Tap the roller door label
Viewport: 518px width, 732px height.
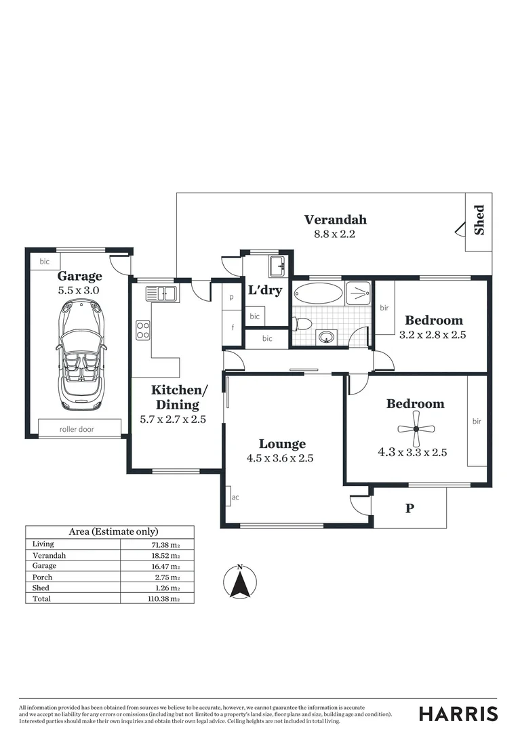77,429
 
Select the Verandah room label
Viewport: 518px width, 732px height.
335,220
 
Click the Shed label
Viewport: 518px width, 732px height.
479,220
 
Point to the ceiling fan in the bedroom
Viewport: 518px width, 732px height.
416,428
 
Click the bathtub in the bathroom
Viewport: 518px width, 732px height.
319,295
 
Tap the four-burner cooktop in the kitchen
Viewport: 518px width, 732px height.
143,330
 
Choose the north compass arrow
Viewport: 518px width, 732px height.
240,583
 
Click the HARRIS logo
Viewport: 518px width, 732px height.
458,714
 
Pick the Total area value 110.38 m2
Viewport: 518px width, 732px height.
165,599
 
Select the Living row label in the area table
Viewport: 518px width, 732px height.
43,544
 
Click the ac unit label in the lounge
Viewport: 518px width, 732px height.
235,497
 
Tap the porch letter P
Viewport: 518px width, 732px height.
410,508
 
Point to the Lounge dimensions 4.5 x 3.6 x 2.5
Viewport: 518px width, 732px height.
280,458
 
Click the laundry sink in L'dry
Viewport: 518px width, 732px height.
277,266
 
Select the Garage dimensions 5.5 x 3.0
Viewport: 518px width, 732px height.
79,290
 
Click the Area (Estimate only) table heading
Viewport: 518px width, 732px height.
109,532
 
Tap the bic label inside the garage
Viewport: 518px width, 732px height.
45,261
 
